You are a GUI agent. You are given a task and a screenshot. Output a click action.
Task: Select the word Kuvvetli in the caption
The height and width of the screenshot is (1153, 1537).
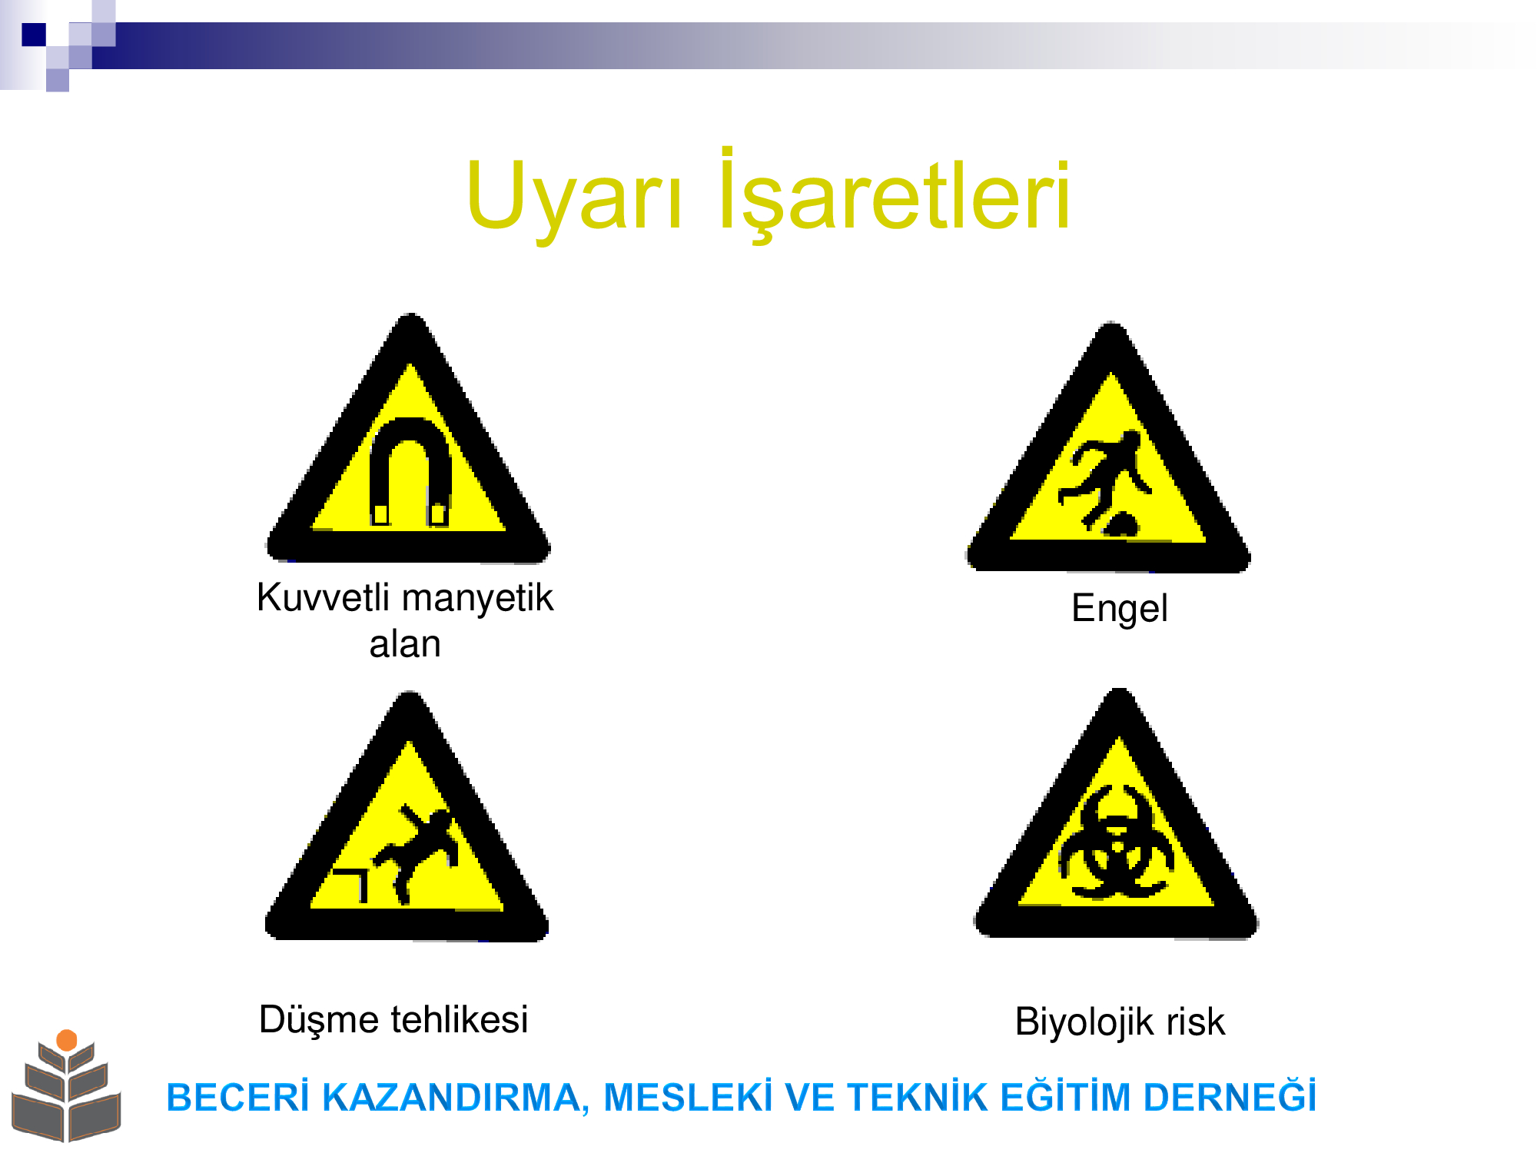[x=324, y=597]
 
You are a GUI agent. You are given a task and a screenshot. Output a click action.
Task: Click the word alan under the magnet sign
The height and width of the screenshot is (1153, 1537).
[x=405, y=644]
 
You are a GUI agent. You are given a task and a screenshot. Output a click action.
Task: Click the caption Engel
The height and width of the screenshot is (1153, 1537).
[x=1120, y=609]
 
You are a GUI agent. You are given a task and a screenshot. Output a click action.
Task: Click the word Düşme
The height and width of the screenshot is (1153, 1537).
[x=320, y=1020]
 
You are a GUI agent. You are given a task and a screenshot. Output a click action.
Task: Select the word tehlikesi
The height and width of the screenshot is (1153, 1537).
[x=460, y=1020]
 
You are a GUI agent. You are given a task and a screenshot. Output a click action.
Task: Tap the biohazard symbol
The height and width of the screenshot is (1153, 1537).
[x=1117, y=842]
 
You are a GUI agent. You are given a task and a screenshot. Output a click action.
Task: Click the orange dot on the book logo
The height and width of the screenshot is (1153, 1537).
[x=67, y=1040]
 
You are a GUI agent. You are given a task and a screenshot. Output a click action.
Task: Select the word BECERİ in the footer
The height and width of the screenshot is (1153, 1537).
[x=237, y=1097]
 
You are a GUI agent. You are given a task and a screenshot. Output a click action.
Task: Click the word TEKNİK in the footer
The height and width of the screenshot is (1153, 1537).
[x=917, y=1097]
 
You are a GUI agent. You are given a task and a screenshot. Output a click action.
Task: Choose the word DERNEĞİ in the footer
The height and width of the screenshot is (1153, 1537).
[x=1230, y=1095]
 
